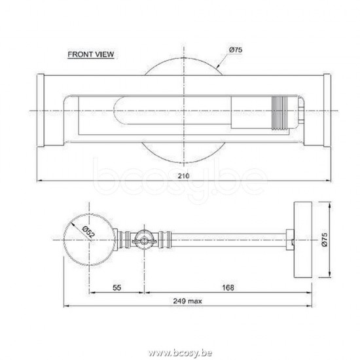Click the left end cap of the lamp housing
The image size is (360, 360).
point(39,113)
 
